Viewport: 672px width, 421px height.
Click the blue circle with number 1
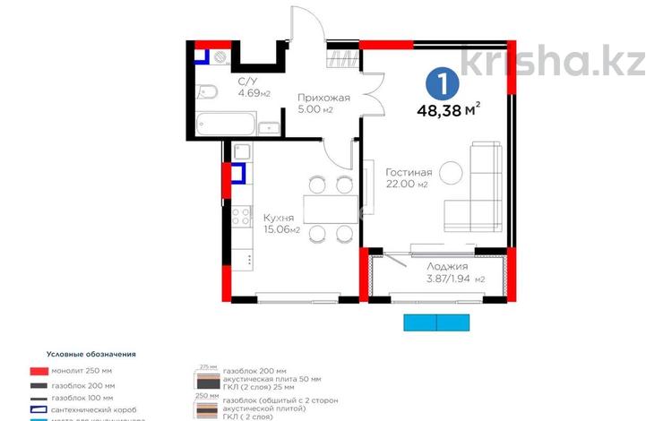443,85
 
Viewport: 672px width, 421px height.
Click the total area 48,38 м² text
447,111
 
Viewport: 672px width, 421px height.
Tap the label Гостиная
409,172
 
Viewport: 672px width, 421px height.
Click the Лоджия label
448,266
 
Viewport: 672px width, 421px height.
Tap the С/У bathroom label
247,82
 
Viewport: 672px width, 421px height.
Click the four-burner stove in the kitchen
241,215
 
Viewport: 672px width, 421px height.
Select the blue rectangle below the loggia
432,323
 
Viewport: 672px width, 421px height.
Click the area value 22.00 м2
408,185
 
